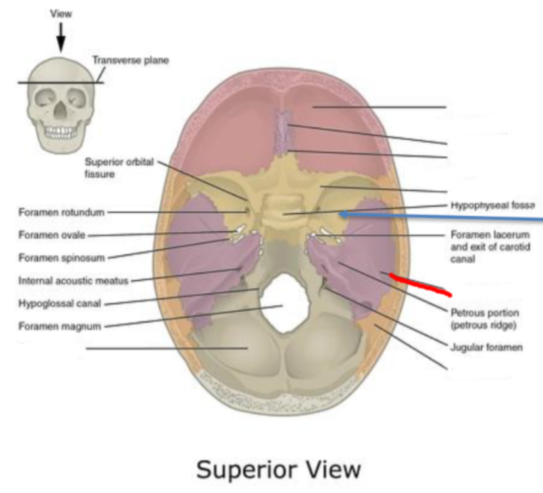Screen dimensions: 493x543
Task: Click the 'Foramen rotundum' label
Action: [x=61, y=212]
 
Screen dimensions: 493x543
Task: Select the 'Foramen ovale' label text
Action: [x=51, y=235]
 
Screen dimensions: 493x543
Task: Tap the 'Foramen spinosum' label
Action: [x=61, y=258]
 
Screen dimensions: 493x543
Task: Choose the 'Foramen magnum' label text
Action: [x=60, y=326]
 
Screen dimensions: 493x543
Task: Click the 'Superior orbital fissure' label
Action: [x=119, y=168]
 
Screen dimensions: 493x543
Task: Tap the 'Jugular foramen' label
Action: [x=487, y=348]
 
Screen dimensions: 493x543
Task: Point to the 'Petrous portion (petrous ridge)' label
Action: [x=485, y=319]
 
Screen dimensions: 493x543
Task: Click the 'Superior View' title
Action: [x=279, y=469]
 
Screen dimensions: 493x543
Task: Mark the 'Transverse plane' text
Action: [x=131, y=61]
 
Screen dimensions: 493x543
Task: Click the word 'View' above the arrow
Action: [x=61, y=13]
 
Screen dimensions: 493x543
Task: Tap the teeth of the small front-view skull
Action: [x=61, y=133]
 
